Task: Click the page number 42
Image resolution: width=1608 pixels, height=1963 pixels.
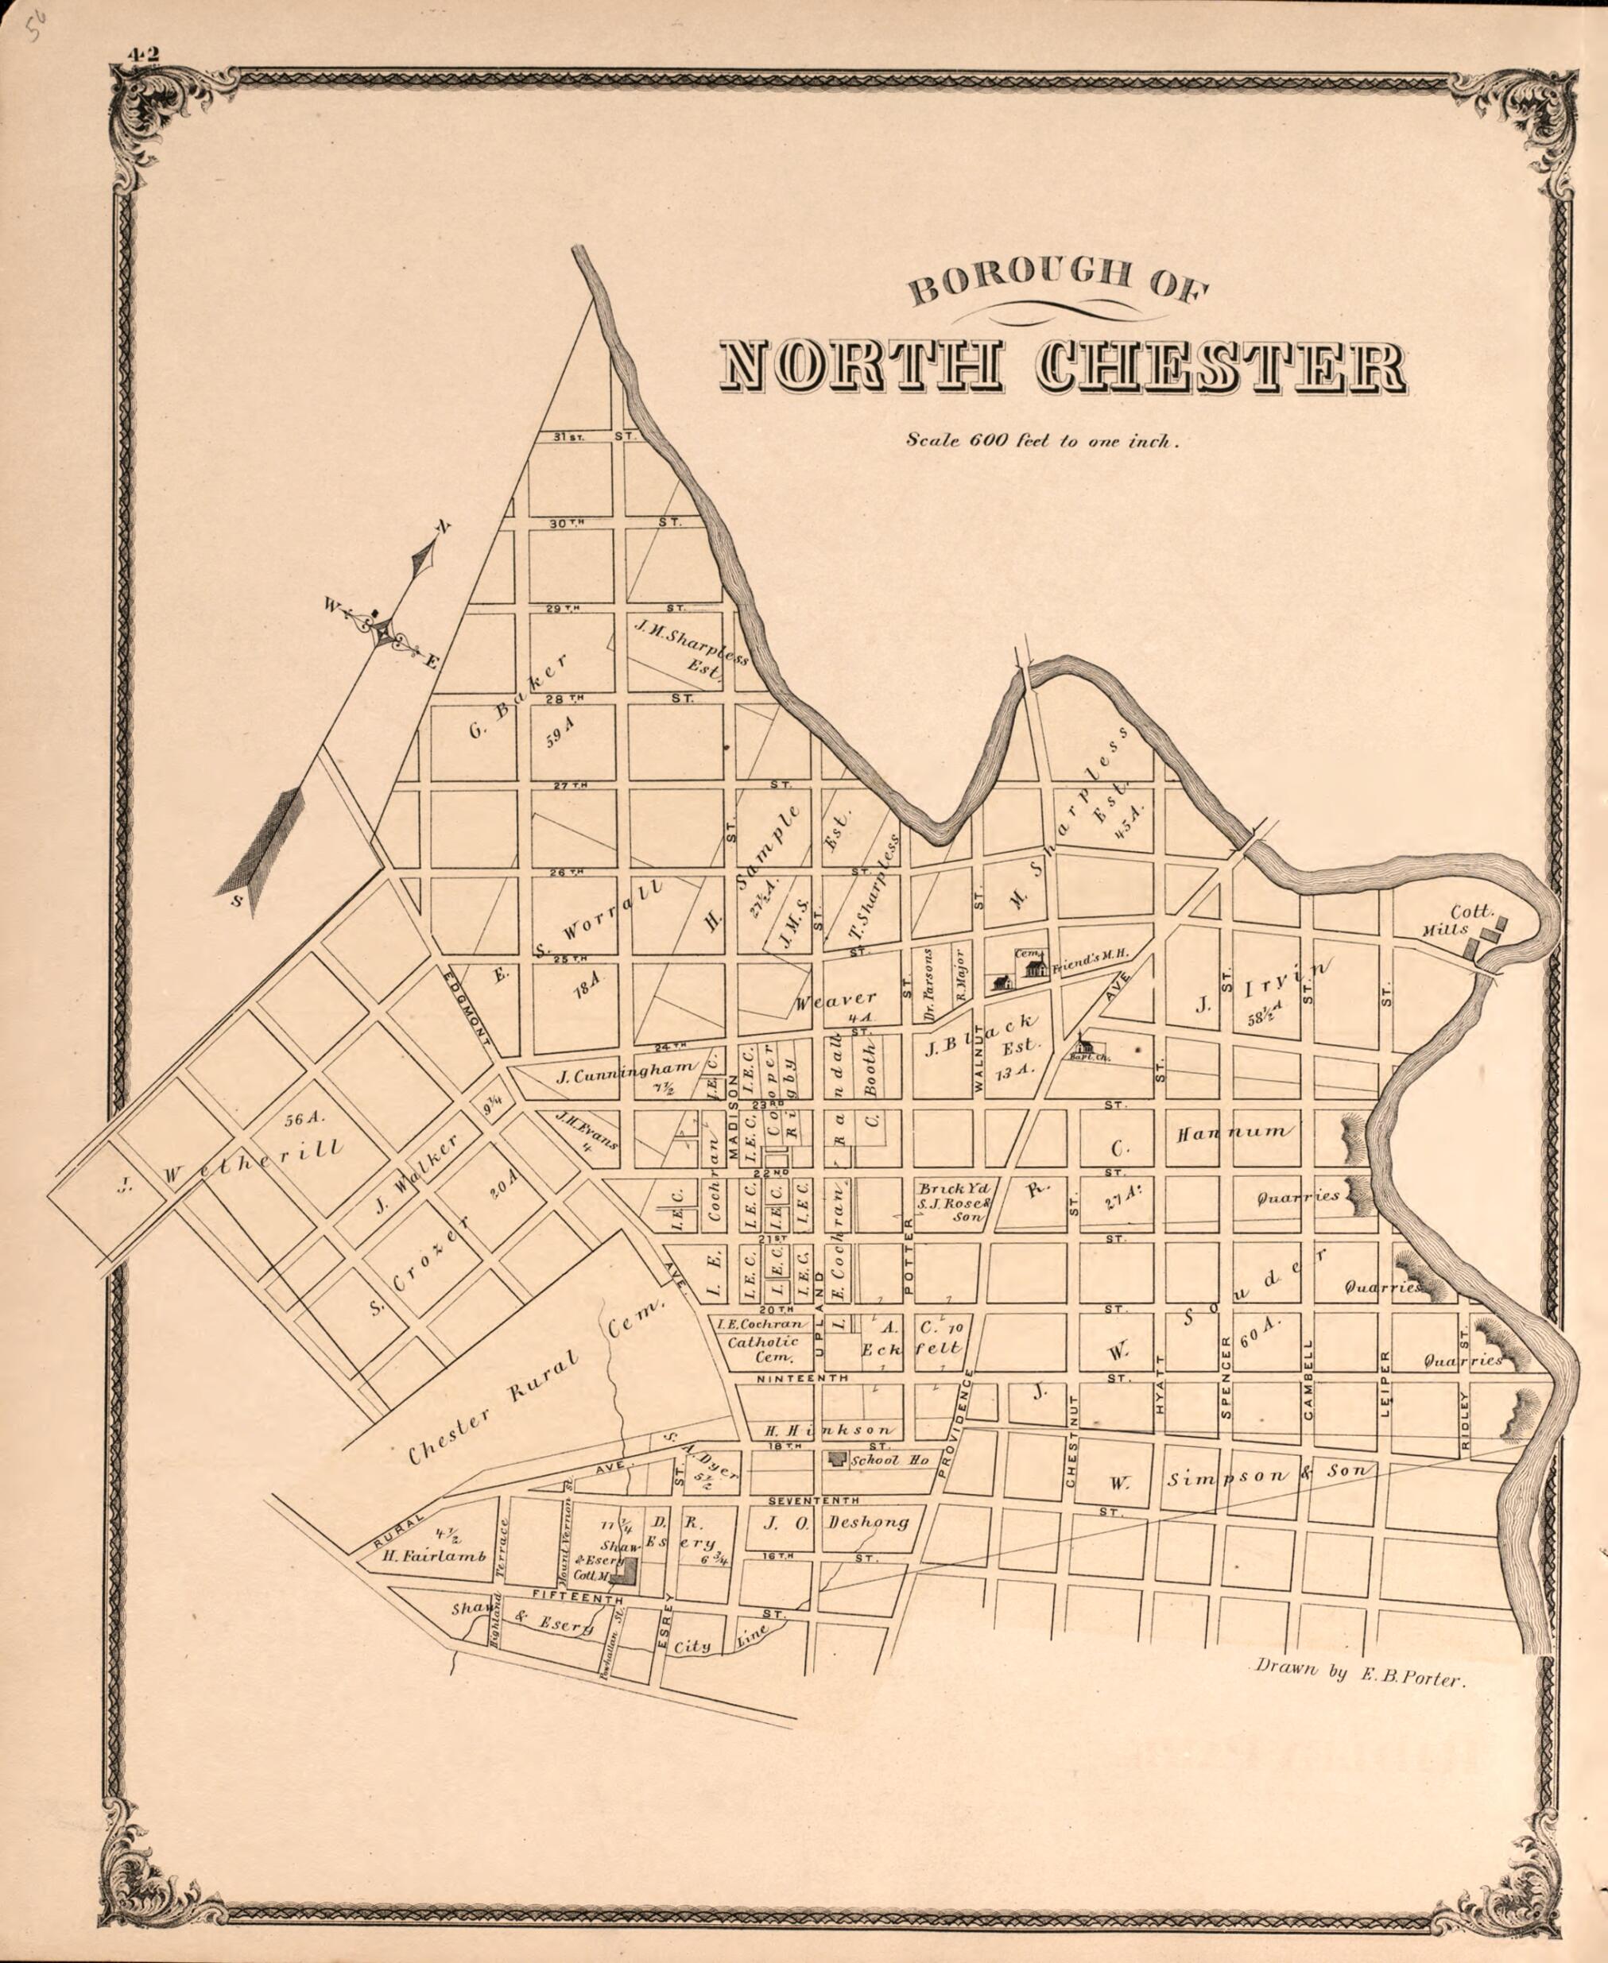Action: coord(144,54)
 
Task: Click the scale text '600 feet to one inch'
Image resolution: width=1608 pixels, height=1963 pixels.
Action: coord(1042,441)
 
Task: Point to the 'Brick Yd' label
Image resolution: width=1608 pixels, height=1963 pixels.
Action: coord(942,1188)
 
